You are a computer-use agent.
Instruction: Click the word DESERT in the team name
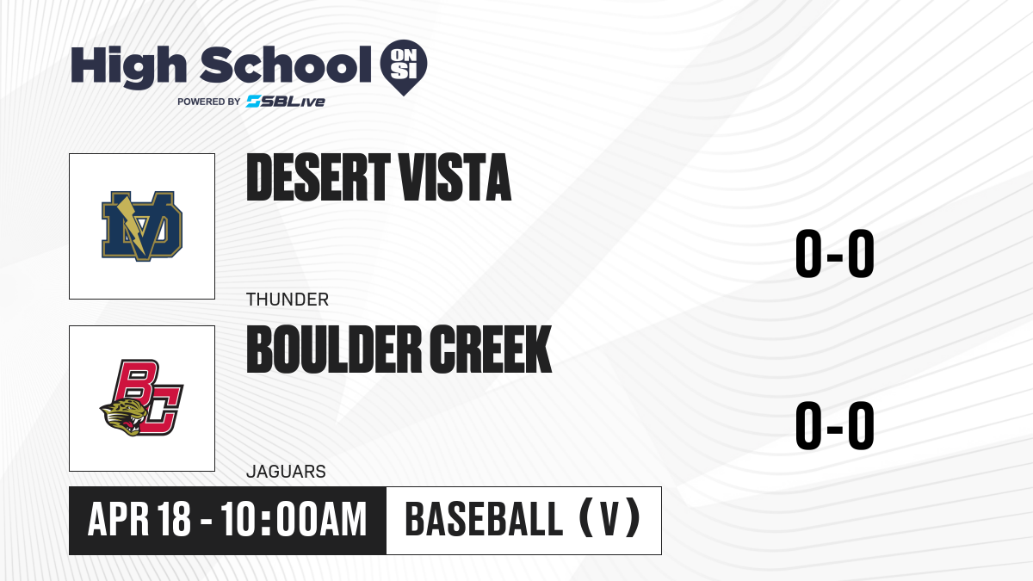pos(319,177)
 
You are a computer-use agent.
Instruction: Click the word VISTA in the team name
pos(455,177)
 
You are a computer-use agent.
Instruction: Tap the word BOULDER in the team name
pos(334,349)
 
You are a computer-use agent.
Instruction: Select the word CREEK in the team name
pos(492,349)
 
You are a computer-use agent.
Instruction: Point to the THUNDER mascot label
pos(288,300)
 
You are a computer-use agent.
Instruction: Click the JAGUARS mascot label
pos(286,472)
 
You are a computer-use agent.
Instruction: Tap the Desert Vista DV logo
pos(142,226)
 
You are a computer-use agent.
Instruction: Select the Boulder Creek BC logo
pos(142,398)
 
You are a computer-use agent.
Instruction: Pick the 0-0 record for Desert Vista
pos(835,254)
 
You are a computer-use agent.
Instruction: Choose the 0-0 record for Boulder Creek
pos(835,425)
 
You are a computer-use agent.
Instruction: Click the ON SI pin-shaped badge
pos(404,67)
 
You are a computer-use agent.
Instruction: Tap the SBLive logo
pos(286,102)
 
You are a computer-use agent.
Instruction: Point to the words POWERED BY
pos(209,102)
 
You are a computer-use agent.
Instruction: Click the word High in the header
pos(128,67)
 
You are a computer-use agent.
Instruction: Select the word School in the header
pos(286,65)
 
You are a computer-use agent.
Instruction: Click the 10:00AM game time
pos(294,520)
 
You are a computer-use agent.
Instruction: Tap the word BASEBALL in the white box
pos(484,520)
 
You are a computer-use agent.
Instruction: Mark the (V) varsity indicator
pos(609,520)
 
